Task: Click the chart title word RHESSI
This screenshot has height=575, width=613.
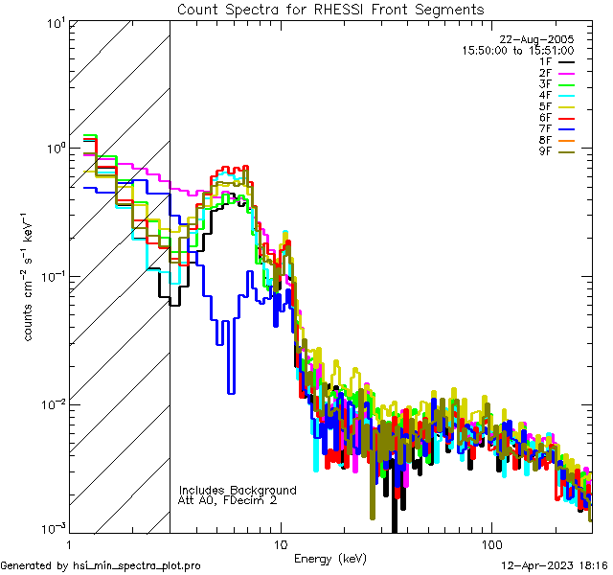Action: (x=342, y=10)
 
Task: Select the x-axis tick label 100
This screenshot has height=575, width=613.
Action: (x=491, y=543)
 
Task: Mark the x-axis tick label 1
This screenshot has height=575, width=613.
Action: (x=70, y=543)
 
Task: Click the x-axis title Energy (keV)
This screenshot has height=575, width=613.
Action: (x=329, y=558)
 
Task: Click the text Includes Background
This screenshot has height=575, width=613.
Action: (x=238, y=490)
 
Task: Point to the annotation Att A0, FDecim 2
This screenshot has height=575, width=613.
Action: (x=229, y=500)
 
